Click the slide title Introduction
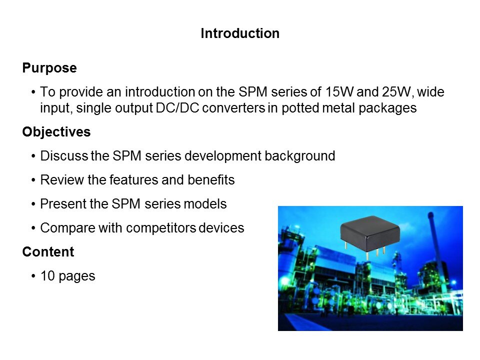(x=240, y=33)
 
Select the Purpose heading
(x=49, y=68)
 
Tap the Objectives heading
(x=56, y=132)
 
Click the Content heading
(x=48, y=252)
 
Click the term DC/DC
(x=177, y=108)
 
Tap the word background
(x=299, y=156)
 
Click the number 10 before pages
(x=47, y=276)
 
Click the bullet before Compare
(x=33, y=228)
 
